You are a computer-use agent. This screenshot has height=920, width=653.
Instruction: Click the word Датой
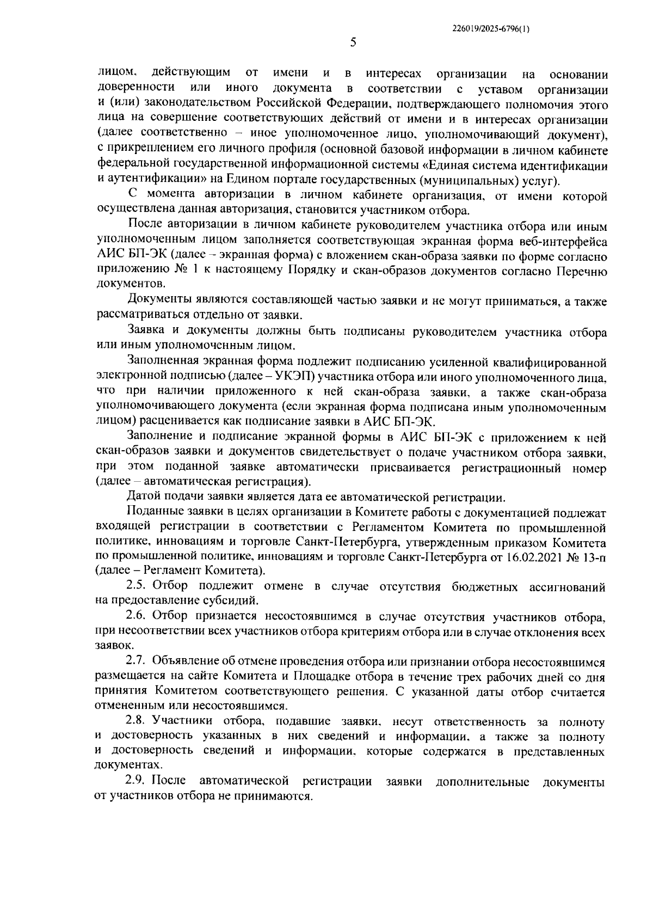(143, 497)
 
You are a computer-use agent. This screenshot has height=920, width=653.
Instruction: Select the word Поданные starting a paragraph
(153, 512)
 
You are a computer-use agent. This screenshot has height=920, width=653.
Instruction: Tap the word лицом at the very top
(115, 73)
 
